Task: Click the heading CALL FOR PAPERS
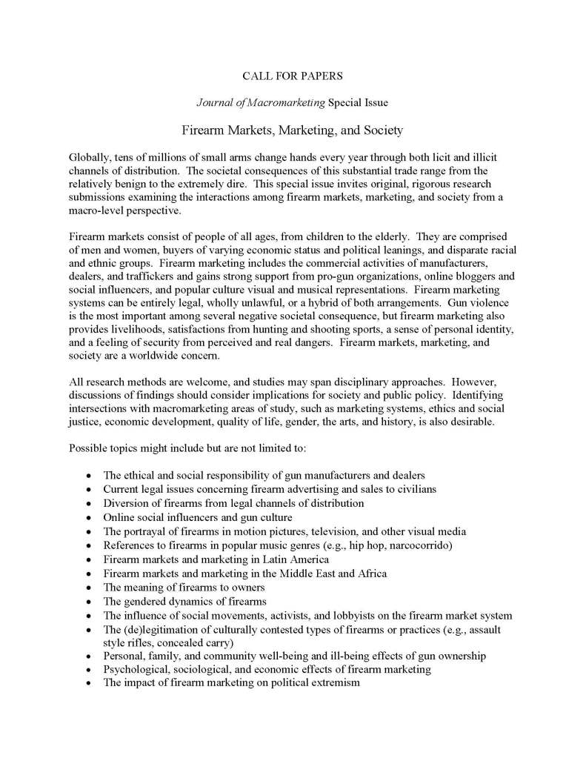point(293,76)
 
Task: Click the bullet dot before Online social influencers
point(89,517)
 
